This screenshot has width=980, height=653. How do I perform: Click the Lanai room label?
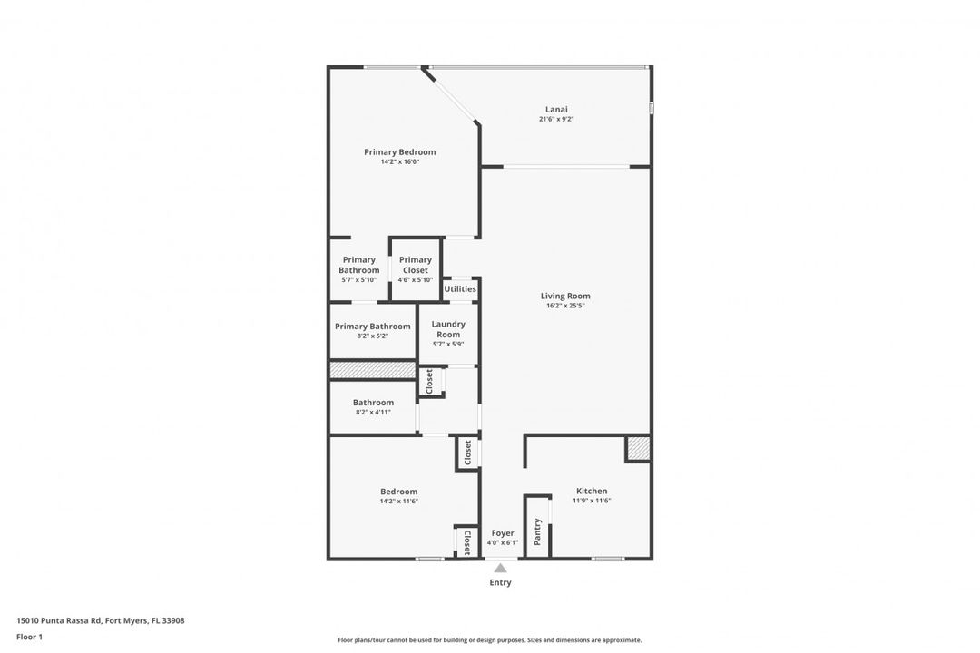(x=557, y=110)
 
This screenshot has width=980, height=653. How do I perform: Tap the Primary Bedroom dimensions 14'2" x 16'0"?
(x=399, y=161)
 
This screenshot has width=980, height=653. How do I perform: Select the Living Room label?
(x=565, y=296)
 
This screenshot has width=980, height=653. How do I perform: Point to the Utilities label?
(x=460, y=289)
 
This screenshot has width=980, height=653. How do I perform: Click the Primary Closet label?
(x=415, y=265)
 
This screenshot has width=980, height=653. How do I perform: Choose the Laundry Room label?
(x=448, y=328)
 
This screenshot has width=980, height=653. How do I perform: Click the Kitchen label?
(x=592, y=491)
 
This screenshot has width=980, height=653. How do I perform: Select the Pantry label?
(x=538, y=531)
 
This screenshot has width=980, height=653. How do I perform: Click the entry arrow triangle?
(x=500, y=568)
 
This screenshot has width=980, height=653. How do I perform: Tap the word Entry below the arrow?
(x=500, y=582)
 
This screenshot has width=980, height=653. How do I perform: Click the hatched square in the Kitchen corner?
(x=638, y=449)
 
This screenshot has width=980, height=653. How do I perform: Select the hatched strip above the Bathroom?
(x=372, y=370)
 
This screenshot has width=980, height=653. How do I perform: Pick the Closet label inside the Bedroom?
(x=466, y=542)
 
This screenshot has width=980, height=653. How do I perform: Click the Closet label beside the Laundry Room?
(x=430, y=381)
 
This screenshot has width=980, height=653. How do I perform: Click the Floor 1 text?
(x=29, y=637)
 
